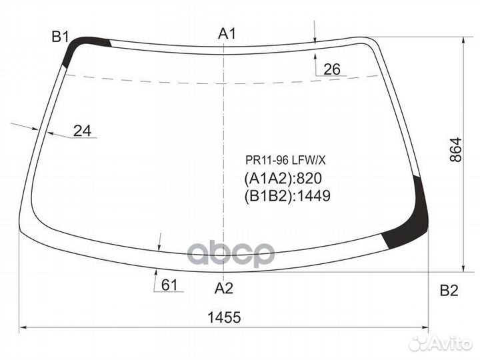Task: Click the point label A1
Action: tap(227, 34)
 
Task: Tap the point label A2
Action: tap(224, 288)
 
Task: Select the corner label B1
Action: tap(60, 37)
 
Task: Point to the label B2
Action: tap(449, 290)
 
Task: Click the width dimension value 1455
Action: tap(224, 317)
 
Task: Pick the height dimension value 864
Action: tap(456, 150)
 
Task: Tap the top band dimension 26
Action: tap(332, 69)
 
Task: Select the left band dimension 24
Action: tap(83, 131)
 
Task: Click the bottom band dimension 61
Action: tap(169, 285)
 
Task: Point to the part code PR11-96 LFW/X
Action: tap(285, 160)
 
